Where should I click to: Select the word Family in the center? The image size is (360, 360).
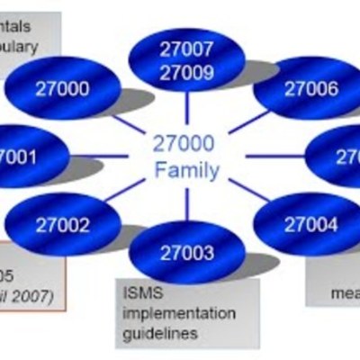point(186,169)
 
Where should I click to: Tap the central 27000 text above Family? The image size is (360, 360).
point(186,144)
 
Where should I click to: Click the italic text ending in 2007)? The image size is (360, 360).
point(27,295)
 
